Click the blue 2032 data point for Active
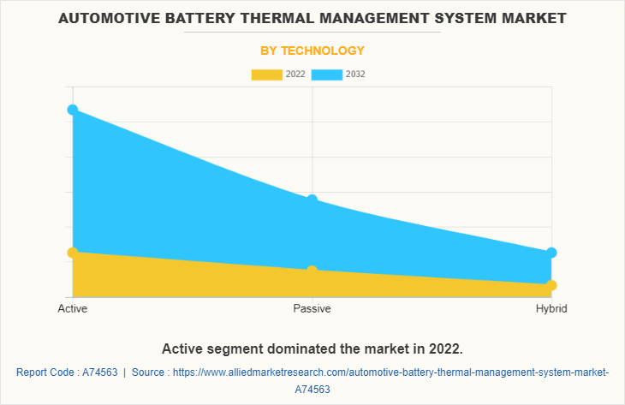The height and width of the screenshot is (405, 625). [73, 110]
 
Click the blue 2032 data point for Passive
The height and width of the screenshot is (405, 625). [312, 200]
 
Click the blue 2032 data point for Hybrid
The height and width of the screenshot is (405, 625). [551, 253]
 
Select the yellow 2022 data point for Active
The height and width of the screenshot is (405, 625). [73, 253]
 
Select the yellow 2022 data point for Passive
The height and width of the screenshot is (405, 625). [312, 271]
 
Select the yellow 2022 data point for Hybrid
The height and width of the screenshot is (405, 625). [551, 285]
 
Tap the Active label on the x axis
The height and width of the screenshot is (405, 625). [73, 308]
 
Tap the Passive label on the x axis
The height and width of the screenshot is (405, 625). [312, 308]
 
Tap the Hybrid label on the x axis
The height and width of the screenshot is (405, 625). [551, 308]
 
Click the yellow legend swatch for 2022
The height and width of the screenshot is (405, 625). [266, 74]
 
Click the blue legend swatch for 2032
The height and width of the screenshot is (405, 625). [326, 74]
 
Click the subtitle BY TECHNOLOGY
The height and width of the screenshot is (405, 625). [312, 51]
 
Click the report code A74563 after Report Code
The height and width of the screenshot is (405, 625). [97, 372]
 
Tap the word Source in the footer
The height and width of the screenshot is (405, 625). [151, 372]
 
